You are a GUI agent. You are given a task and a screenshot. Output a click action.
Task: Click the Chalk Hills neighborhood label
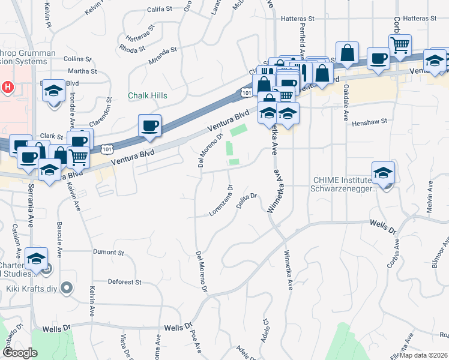[x=147, y=95]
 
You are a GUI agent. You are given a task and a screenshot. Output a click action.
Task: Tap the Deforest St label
[x=124, y=281]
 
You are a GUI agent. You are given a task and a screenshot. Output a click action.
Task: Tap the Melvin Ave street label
[x=429, y=199]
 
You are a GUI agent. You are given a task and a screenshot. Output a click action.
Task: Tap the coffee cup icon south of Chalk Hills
[x=149, y=127]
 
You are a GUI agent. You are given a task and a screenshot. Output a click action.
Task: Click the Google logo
[x=19, y=353]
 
